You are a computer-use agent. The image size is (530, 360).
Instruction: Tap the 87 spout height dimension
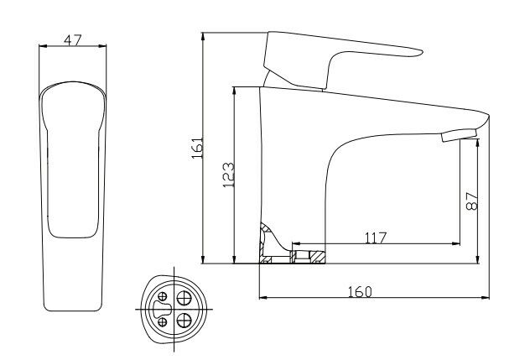471,202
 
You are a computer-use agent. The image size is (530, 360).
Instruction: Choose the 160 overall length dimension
359,290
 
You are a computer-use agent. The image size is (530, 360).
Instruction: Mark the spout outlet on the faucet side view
458,135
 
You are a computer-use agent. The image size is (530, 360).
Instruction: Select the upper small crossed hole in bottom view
162,295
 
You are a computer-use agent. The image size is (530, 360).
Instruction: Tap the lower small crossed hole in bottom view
162,323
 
